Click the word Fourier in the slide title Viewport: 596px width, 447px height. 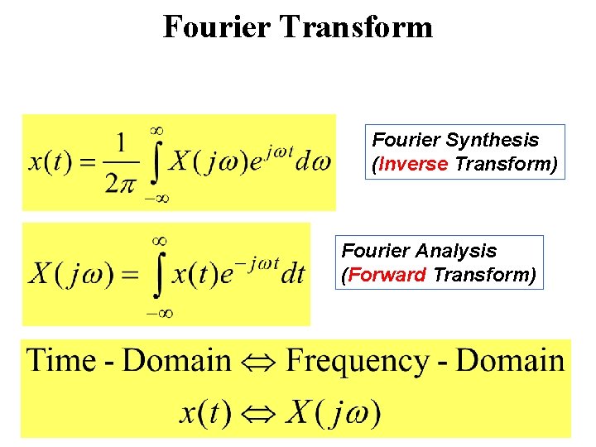coord(217,26)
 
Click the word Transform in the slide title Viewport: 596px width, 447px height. coord(356,26)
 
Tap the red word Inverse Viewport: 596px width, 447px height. coord(413,163)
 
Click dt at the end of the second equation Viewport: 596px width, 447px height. coord(293,274)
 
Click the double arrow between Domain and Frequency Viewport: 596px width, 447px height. coord(258,362)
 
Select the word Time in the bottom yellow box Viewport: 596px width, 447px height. coord(62,361)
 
